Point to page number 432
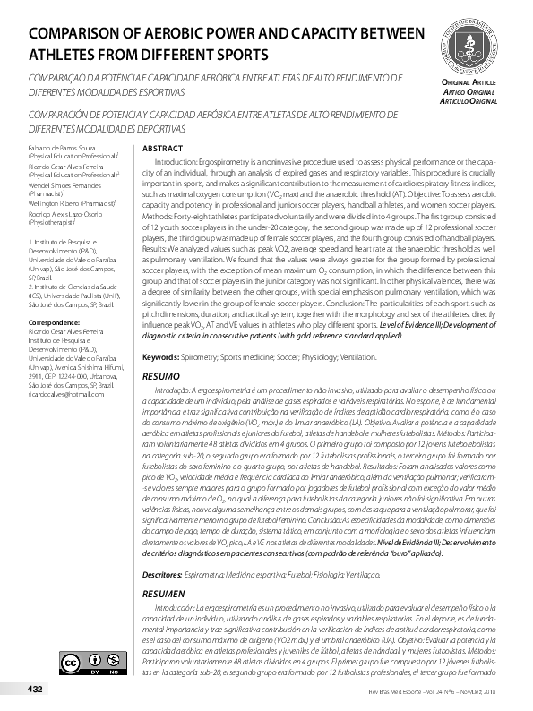coord(35,689)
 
